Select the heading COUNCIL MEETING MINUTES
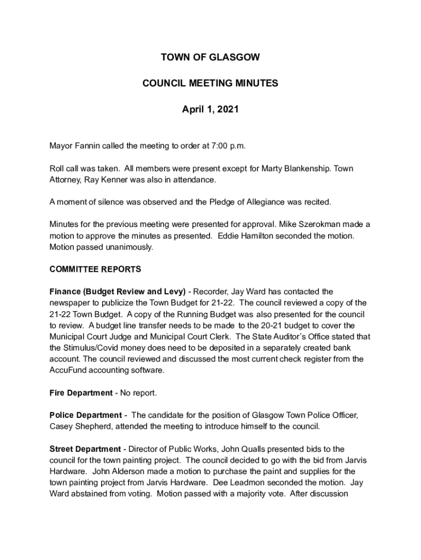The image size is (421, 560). point(210,84)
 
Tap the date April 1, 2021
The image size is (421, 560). point(210,110)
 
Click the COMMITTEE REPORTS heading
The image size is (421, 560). point(95,269)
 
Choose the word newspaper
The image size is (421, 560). point(71,303)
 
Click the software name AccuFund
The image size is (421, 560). point(68,370)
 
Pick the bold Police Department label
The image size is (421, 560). point(85,416)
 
